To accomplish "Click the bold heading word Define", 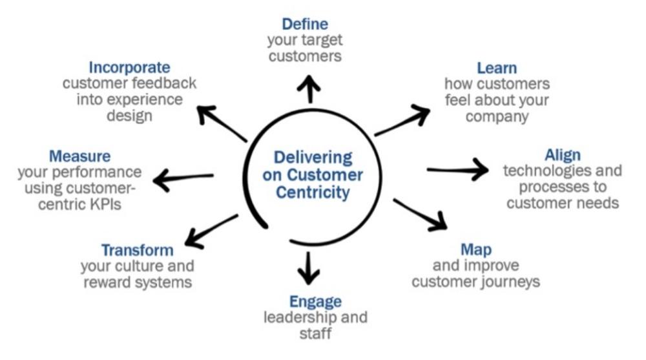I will pos(305,25).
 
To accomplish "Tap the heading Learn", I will pos(497,68).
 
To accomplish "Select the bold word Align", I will pos(563,155).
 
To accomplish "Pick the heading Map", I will pos(476,249).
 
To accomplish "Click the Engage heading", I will pos(315,301).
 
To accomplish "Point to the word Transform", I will pos(137,250).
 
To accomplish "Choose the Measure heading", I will pos(79,156).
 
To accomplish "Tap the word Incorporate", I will pos(130,67).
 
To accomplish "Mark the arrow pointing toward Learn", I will pos(402,121).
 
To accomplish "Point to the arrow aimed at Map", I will pos(421,215).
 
